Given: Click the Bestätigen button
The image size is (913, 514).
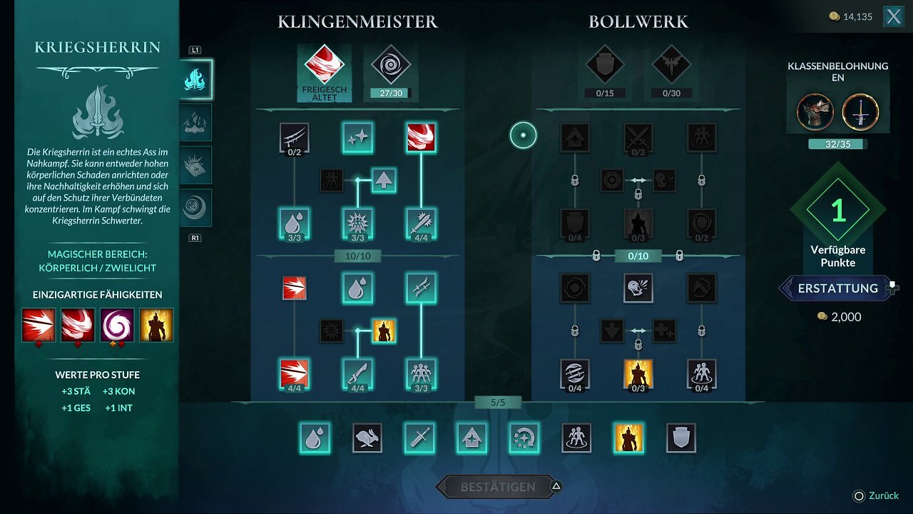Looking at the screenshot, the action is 498,487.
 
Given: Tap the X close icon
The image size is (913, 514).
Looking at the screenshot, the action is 894,16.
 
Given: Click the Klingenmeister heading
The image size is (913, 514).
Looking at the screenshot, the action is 358,21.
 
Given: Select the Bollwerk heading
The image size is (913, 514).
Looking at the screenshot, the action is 638,21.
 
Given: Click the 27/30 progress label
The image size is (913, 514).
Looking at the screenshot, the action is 391,94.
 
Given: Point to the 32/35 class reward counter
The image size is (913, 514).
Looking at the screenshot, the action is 837,144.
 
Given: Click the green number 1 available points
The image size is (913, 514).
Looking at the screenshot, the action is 838,211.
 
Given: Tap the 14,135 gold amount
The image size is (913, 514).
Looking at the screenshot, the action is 857,16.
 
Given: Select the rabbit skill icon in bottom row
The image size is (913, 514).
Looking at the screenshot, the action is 367,438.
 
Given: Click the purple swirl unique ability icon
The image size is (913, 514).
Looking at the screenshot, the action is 117,325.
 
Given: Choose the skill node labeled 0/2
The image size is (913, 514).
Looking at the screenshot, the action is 295,138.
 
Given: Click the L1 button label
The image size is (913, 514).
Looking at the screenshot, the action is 195,50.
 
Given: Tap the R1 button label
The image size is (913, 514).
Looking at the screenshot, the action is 195,238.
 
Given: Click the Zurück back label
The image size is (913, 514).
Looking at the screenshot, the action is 884,495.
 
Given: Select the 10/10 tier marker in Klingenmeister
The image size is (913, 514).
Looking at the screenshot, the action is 358,256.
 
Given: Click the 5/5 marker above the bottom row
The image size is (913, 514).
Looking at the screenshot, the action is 498,403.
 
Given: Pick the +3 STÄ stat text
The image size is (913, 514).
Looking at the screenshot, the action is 76,391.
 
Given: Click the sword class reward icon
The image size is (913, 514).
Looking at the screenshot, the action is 860,112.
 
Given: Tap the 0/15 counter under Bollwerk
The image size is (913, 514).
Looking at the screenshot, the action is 605,94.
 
